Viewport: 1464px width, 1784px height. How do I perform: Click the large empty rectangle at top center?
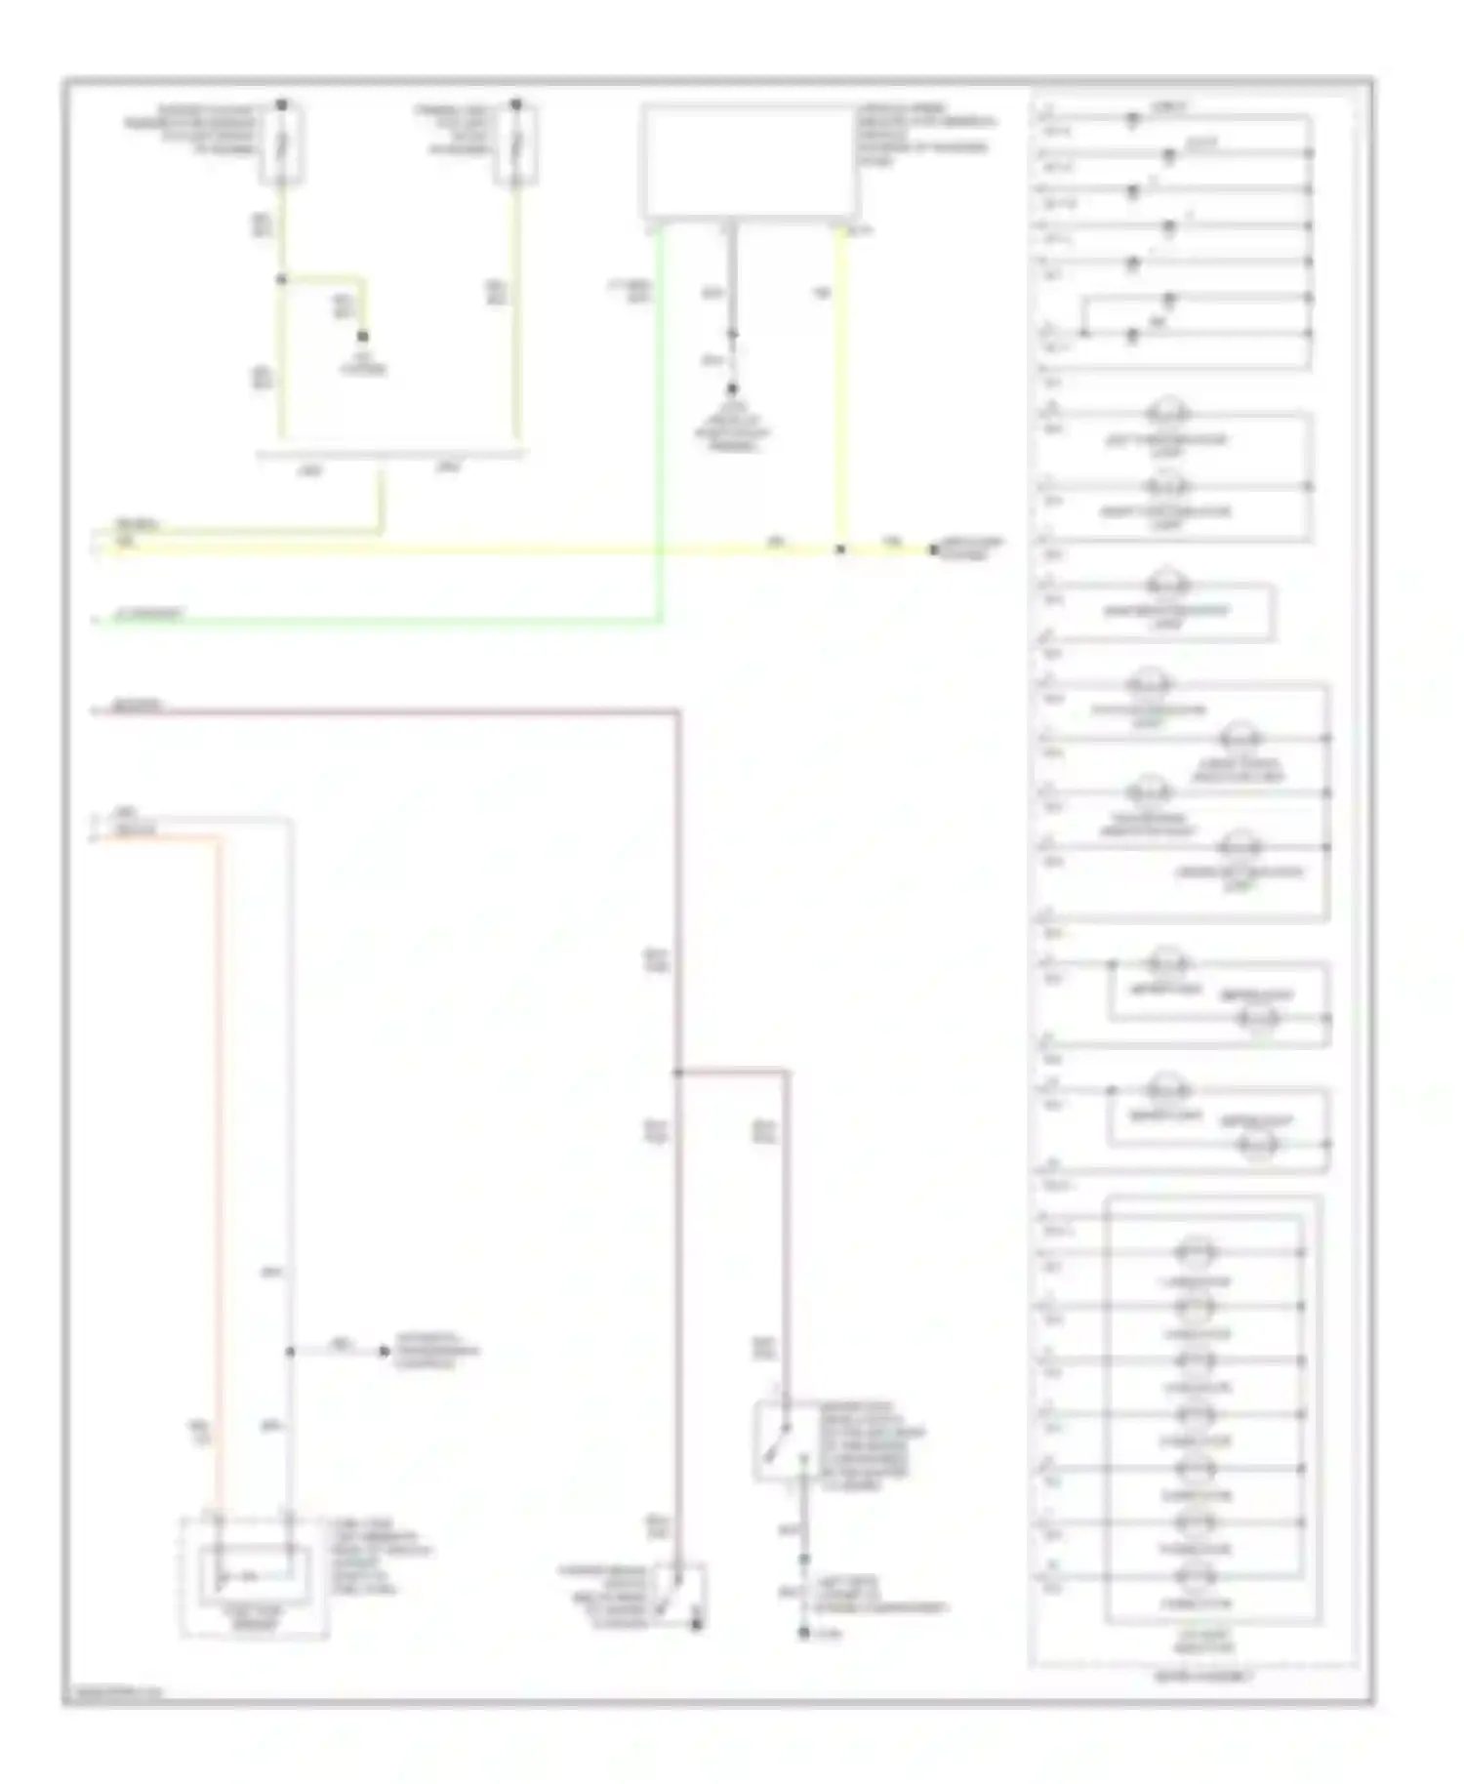[x=749, y=162]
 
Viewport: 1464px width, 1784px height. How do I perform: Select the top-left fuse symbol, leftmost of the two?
[x=281, y=144]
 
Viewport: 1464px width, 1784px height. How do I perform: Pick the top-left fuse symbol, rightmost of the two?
[x=515, y=144]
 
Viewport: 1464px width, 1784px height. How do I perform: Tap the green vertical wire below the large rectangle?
[x=661, y=420]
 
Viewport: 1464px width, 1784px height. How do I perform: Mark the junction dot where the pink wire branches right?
[x=677, y=1073]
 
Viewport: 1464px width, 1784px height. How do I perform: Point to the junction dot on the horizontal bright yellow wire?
[x=839, y=549]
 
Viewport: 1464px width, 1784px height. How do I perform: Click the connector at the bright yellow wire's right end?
[x=934, y=549]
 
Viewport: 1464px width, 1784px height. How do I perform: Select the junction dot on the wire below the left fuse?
[x=281, y=279]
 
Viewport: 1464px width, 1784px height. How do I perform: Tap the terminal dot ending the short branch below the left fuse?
[x=362, y=336]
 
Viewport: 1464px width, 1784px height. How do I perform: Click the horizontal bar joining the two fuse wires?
[x=390, y=454]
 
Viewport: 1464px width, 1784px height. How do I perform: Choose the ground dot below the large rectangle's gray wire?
[x=731, y=388]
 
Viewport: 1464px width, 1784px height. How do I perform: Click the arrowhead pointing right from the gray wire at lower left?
[x=384, y=1352]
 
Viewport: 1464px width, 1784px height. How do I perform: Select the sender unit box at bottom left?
[x=255, y=1576]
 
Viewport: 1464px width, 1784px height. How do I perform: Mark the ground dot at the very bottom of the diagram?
[x=803, y=1632]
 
